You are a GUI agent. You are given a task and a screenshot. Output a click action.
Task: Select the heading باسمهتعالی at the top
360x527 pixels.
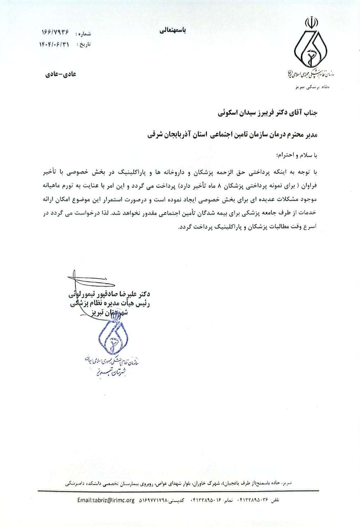(172, 31)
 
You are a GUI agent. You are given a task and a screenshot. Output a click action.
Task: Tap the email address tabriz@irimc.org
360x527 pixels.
(106, 500)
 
